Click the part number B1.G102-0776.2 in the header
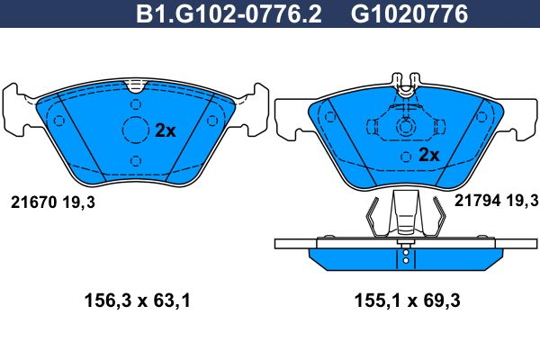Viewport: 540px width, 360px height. pyautogui.click(x=229, y=13)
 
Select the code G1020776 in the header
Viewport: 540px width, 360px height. pyautogui.click(x=409, y=13)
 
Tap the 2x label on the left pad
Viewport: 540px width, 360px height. pyautogui.click(x=166, y=130)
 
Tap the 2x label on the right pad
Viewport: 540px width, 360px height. pyautogui.click(x=428, y=155)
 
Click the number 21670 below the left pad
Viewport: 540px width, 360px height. pyautogui.click(x=33, y=202)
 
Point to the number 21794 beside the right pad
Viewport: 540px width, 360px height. pyautogui.click(x=477, y=200)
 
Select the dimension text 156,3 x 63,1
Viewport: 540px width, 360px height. pyautogui.click(x=138, y=301)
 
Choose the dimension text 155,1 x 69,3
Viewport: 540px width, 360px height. pyautogui.click(x=408, y=301)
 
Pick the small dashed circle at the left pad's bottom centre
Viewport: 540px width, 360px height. pyautogui.click(x=136, y=161)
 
